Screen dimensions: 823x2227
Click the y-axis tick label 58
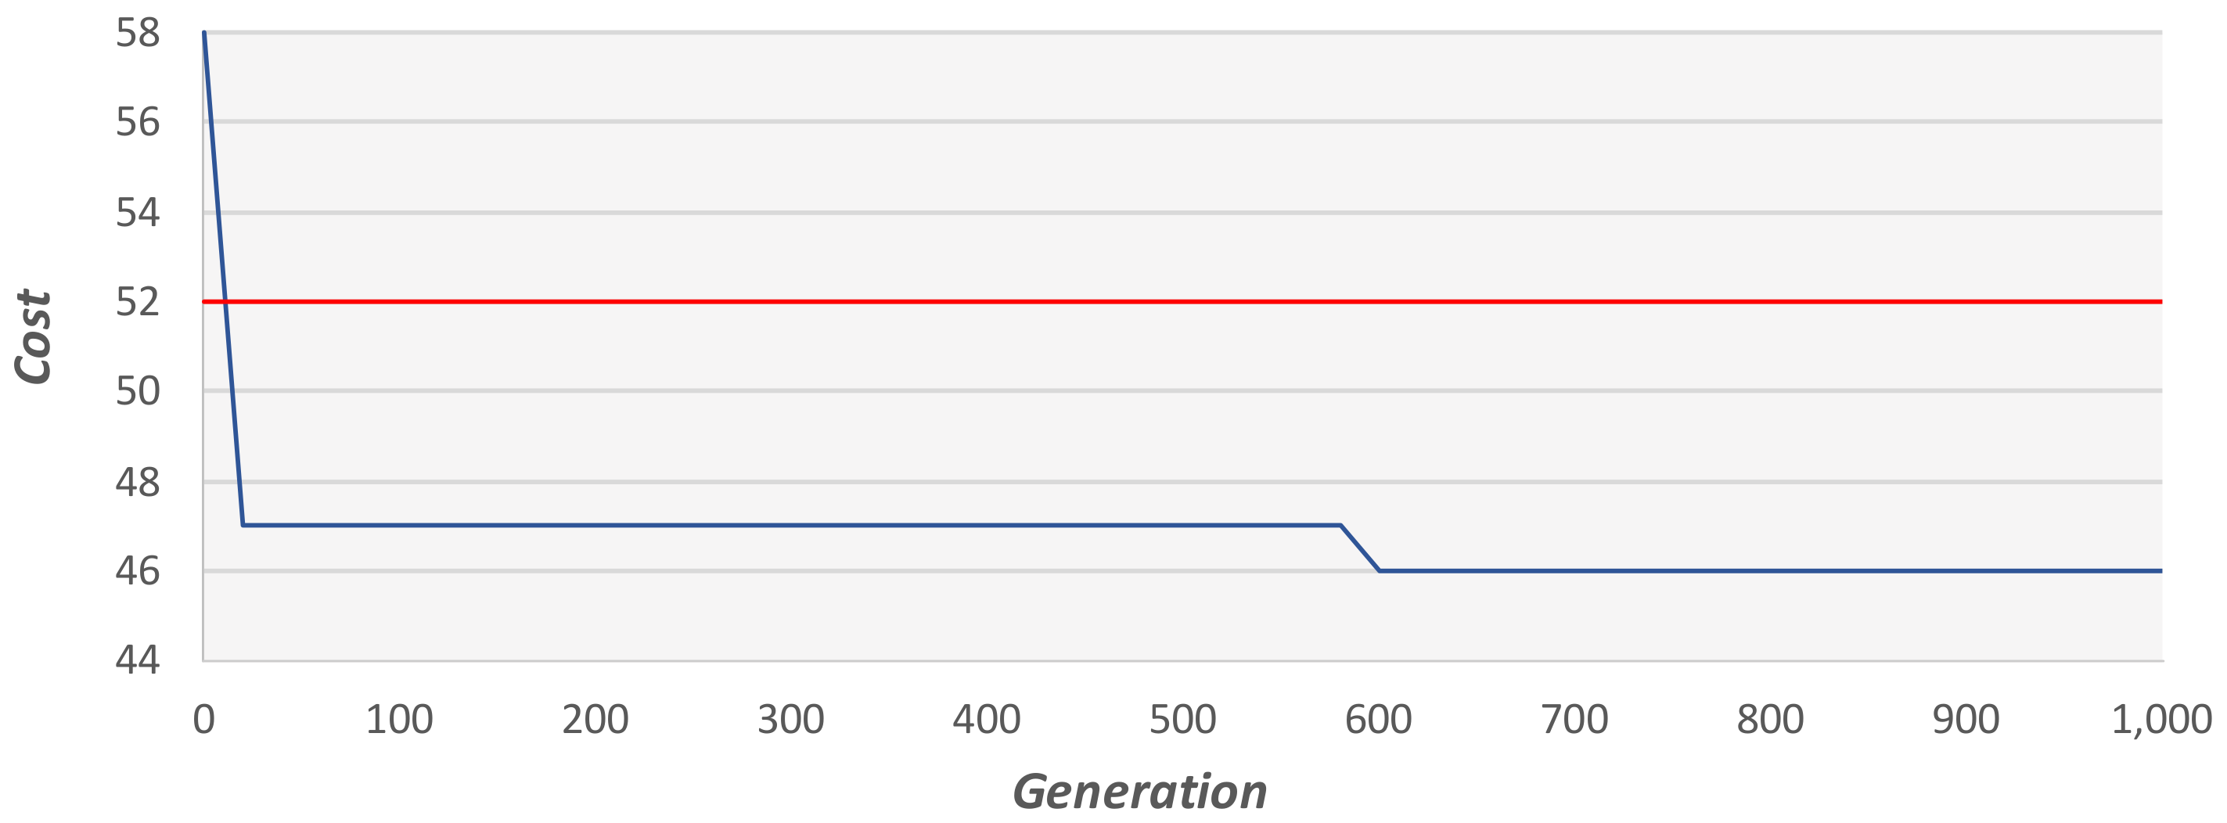click(x=138, y=33)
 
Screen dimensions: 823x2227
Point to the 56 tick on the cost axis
click(x=138, y=122)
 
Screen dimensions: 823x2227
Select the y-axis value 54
click(x=138, y=212)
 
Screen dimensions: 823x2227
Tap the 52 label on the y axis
click(x=138, y=302)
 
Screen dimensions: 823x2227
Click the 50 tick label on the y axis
click(x=138, y=390)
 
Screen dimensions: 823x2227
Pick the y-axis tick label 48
click(x=138, y=482)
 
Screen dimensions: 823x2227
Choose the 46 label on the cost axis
click(x=138, y=570)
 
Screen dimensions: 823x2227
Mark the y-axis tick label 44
click(x=138, y=659)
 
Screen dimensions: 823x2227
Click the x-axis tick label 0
click(x=203, y=719)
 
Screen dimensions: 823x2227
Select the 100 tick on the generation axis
click(x=398, y=719)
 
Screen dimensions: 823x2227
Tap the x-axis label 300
click(x=790, y=719)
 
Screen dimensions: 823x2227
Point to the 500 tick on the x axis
click(x=1182, y=719)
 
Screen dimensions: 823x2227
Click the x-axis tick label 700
click(x=1574, y=719)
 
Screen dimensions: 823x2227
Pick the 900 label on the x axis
click(x=1966, y=719)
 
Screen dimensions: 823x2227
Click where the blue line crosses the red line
click(x=225, y=302)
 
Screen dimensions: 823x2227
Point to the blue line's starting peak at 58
click(x=204, y=33)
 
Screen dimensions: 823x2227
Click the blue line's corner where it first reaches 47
click(x=243, y=525)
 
